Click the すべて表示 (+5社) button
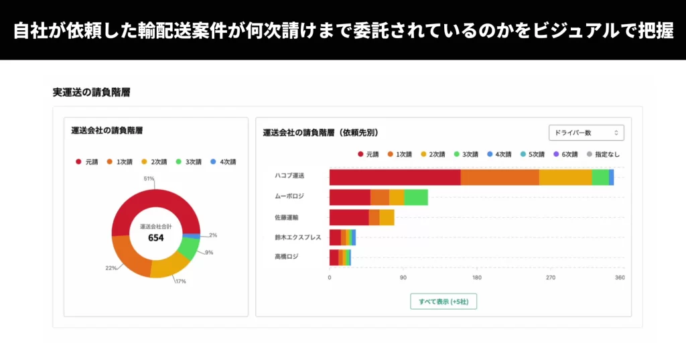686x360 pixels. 443,302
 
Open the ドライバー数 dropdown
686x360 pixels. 586,133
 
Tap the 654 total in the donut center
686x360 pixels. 155,237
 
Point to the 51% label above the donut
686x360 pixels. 149,179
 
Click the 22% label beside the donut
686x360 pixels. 111,268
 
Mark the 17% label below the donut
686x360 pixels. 180,281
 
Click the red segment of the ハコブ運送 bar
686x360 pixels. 395,177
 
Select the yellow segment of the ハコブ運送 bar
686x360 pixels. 565,177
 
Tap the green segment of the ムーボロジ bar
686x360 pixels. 416,197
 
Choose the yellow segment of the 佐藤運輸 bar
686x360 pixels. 387,217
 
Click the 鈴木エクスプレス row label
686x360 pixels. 297,237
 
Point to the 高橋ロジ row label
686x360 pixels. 287,257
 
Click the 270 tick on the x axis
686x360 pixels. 551,278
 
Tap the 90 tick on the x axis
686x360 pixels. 403,278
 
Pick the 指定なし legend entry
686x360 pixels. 605,154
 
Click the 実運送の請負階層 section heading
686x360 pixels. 91,93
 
